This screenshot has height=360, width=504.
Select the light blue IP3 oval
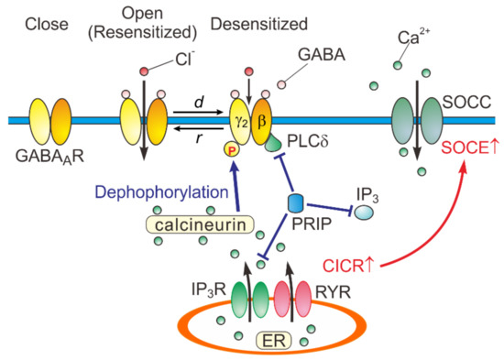(367, 213)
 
